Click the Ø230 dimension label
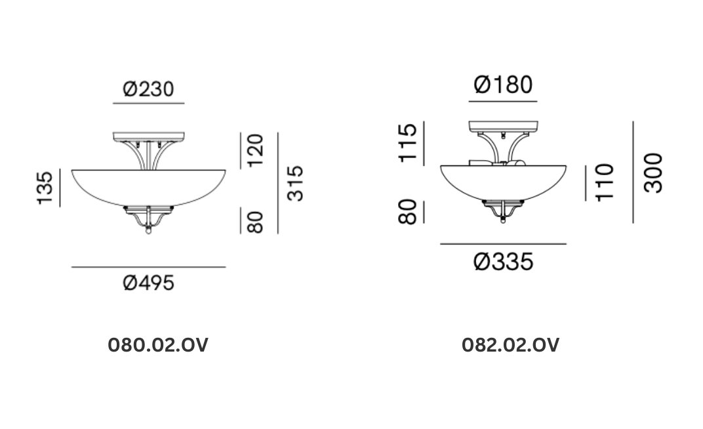(x=149, y=89)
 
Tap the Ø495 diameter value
(x=149, y=283)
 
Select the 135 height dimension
(x=45, y=188)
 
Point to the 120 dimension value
(x=254, y=150)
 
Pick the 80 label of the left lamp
(x=254, y=222)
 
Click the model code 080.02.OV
(x=157, y=345)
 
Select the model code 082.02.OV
(x=511, y=345)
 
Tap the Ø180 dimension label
(x=503, y=85)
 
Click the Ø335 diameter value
(x=503, y=262)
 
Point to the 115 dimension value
(x=407, y=142)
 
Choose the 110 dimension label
(x=603, y=182)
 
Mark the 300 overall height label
(x=653, y=173)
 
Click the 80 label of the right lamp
(x=407, y=213)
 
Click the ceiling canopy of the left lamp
(x=149, y=138)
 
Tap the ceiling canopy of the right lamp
(x=503, y=127)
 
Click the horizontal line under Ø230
(x=149, y=104)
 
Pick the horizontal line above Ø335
(x=503, y=244)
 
